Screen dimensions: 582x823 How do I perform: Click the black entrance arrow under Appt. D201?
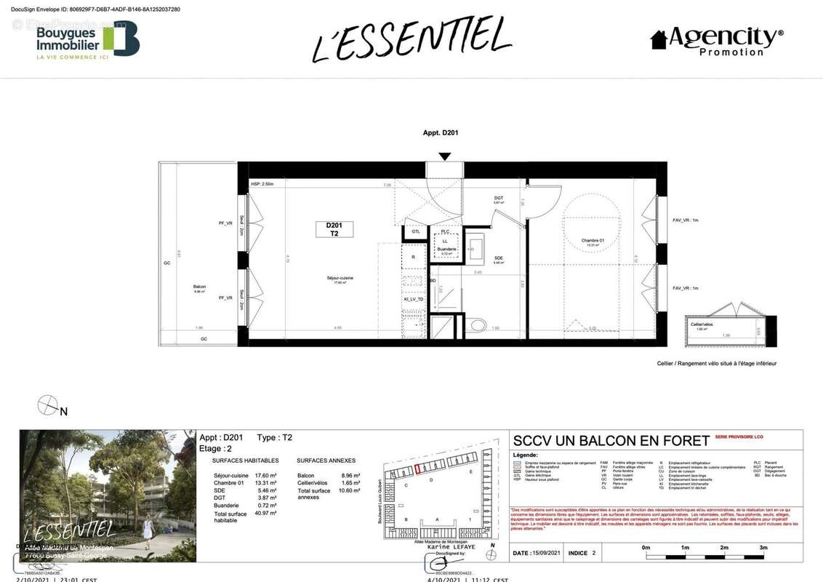click(445, 156)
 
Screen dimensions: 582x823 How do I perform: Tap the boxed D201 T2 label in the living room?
click(334, 229)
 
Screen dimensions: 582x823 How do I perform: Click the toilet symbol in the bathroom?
click(478, 324)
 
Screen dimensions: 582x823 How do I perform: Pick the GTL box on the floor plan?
click(415, 231)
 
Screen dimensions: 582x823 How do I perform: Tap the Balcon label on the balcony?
click(200, 288)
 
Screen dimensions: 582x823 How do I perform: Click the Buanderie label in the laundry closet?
click(446, 250)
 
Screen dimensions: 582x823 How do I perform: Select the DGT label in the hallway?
click(499, 198)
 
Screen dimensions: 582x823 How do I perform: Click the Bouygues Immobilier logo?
click(87, 40)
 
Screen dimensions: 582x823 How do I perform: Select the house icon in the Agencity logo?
click(659, 39)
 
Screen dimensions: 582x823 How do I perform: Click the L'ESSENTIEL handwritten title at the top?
click(411, 38)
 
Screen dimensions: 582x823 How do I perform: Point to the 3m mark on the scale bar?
click(763, 547)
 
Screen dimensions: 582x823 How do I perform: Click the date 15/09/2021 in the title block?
click(546, 553)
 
